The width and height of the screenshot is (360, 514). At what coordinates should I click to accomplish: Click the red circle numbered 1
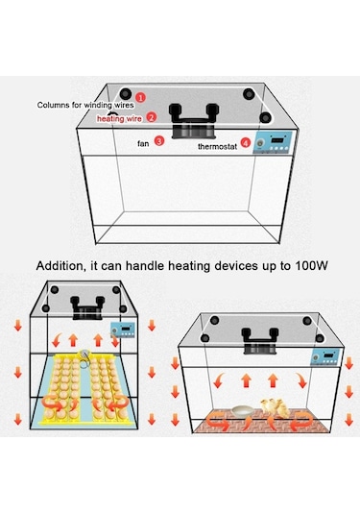click(x=140, y=97)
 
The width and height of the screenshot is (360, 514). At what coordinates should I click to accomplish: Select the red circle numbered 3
click(x=160, y=140)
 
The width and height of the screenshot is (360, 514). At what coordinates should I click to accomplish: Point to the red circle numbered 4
click(x=246, y=143)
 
